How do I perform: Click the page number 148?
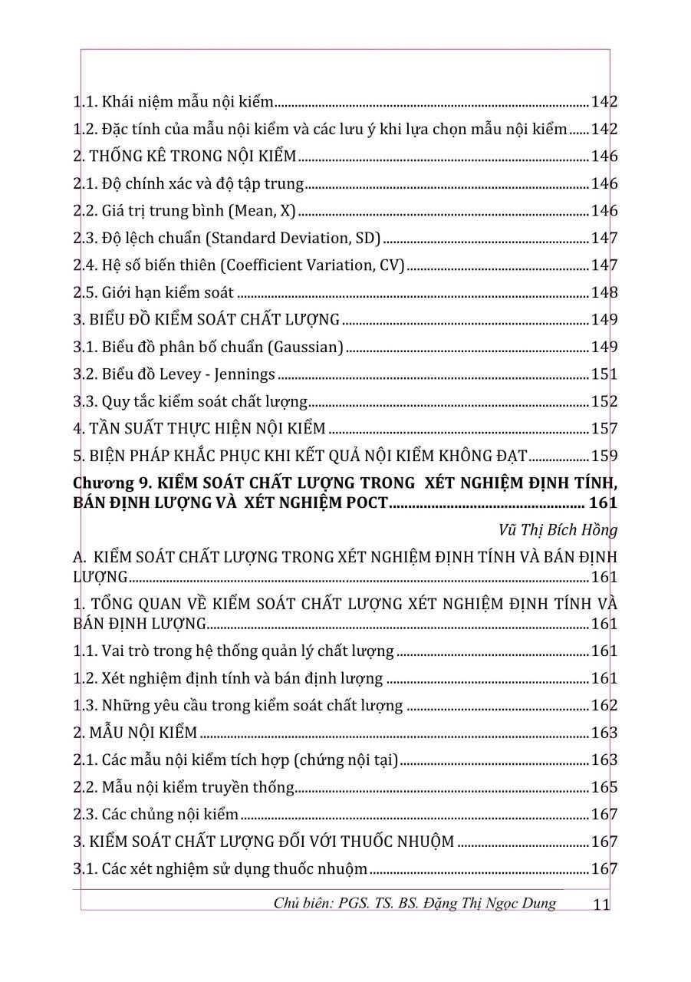(x=604, y=292)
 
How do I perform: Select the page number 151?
(x=604, y=374)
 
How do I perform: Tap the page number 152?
(x=604, y=401)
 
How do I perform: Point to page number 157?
(x=604, y=429)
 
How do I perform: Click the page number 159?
(x=604, y=456)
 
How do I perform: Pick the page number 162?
(x=604, y=706)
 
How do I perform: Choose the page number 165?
(x=604, y=787)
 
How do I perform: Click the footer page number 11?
(x=601, y=905)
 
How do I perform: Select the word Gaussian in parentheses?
(x=306, y=348)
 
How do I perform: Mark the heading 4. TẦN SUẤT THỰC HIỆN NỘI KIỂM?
(x=199, y=429)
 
